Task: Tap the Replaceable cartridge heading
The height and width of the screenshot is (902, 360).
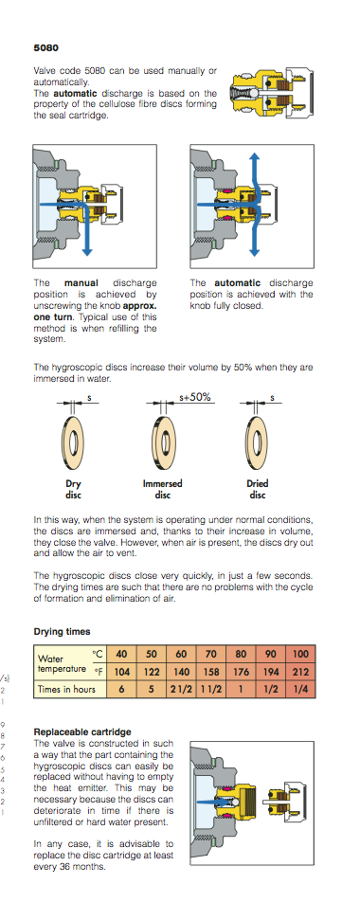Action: [82, 732]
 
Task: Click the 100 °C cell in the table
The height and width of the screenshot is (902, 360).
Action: [300, 655]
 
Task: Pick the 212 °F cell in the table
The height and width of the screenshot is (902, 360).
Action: [300, 671]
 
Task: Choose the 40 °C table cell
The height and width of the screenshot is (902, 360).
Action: [121, 655]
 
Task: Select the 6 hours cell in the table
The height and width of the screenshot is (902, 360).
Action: [121, 690]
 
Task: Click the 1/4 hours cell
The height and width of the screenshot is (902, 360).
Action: [300, 690]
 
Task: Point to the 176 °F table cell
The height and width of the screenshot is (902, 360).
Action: [241, 671]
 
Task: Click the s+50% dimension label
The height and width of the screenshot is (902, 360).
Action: [195, 397]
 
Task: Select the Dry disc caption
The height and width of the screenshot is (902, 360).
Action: [73, 489]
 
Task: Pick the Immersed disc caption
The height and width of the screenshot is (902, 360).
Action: [162, 489]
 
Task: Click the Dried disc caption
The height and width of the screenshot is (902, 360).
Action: [257, 489]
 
